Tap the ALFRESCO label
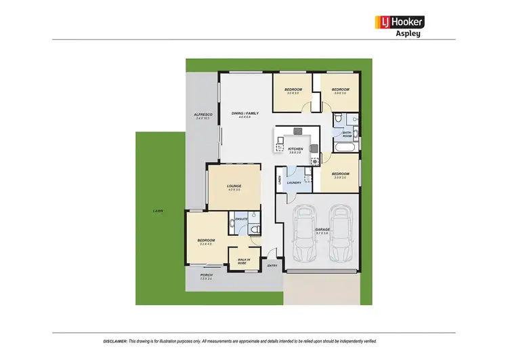[203, 115]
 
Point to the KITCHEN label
[295, 148]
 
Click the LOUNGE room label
[234, 186]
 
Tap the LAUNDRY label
[294, 182]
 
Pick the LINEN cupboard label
[279, 180]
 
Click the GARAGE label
[322, 230]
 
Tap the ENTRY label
[272, 265]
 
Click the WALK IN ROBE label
[244, 261]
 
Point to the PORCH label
[206, 275]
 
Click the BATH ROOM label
[347, 134]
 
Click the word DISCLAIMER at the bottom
[115, 341]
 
